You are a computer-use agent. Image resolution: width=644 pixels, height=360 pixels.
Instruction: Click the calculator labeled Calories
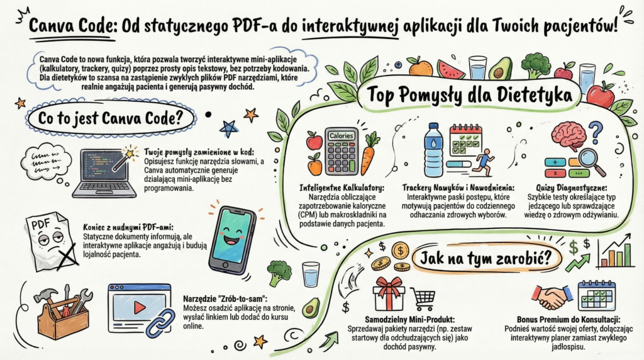tap(341, 152)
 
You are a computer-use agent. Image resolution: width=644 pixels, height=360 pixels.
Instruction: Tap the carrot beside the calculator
tap(369, 153)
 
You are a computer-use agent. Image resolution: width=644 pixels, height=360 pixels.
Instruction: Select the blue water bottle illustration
tap(433, 150)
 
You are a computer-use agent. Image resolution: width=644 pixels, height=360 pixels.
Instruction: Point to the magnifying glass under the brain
tap(591, 162)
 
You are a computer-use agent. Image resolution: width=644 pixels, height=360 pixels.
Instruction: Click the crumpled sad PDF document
tap(51, 242)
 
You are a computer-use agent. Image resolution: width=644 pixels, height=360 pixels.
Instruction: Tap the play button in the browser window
tap(140, 307)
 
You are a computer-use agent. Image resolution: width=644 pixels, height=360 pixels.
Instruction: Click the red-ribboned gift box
tap(389, 293)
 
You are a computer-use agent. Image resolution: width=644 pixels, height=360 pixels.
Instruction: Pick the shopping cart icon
tap(423, 299)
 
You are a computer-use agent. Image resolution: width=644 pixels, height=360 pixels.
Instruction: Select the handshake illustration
tap(552, 297)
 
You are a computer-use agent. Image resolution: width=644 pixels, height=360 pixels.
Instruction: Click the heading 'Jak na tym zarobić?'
tap(485, 259)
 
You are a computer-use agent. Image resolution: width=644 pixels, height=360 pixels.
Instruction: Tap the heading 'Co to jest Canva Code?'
tap(110, 118)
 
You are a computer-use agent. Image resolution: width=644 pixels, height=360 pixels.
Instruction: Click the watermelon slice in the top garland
tap(450, 69)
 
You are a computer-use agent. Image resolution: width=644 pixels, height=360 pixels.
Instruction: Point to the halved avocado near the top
tap(500, 69)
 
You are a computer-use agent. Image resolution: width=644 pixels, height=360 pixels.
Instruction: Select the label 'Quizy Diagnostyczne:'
tap(571, 188)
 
